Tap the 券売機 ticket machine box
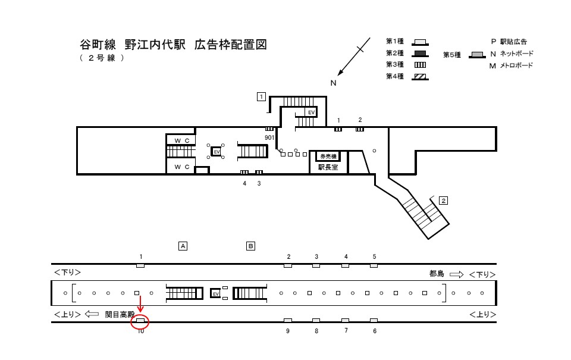327,156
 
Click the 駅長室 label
327,168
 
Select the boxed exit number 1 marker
261,96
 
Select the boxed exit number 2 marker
443,201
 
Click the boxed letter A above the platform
183,245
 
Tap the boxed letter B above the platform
251,245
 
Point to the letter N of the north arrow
334,83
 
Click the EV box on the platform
216,294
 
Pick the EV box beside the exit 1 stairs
310,112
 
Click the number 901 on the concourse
269,137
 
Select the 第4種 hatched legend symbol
420,76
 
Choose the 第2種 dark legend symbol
420,53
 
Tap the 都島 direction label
437,274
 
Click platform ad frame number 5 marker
374,265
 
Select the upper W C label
182,140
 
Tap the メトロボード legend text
516,65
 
